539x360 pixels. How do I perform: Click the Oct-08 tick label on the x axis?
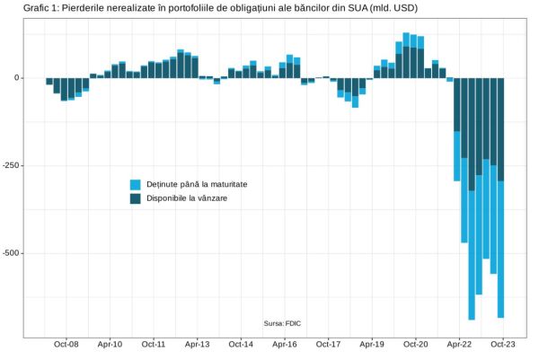coord(66,344)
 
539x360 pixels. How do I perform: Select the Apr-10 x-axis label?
coord(110,344)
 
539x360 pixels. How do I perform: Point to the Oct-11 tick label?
coord(154,344)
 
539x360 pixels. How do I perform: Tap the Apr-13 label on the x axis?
coord(198,344)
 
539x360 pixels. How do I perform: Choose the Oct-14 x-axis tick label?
coord(241,344)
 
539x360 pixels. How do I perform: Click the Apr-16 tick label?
coord(285,344)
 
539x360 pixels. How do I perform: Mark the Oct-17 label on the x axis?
coord(328,344)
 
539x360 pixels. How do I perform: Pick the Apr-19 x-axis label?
coord(372,344)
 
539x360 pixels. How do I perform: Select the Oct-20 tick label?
coord(416,344)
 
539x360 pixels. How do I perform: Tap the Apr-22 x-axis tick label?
coord(459,344)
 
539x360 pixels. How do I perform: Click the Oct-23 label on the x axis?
coord(503,344)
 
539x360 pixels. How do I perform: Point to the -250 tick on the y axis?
coord(13,166)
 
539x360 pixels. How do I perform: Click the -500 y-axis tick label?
coord(13,254)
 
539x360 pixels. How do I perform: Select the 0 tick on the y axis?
coord(18,78)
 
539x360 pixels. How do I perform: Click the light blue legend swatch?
coord(136,184)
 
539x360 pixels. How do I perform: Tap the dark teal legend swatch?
coord(136,198)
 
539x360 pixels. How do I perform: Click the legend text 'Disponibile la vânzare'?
coord(187,198)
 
